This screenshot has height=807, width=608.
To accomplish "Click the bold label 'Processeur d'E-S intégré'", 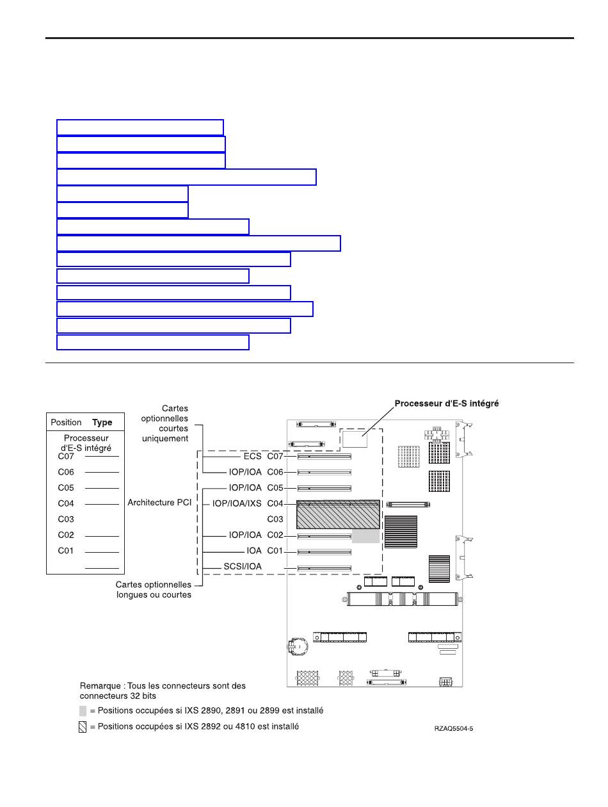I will [x=446, y=403].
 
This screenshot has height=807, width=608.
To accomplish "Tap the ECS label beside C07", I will [x=252, y=457].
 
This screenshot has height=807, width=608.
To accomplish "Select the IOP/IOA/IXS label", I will [x=237, y=504].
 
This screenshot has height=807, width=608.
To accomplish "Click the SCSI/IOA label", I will [x=243, y=567].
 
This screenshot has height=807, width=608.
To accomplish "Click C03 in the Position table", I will [x=66, y=519].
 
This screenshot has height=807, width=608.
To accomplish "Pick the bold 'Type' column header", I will [x=102, y=423].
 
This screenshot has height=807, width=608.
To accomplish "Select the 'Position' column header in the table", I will [x=66, y=423].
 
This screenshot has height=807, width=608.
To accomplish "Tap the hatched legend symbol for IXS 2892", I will [x=83, y=727].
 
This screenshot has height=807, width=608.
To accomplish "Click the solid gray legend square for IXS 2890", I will [x=83, y=710].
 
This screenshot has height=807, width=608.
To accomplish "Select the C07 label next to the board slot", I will [x=275, y=457].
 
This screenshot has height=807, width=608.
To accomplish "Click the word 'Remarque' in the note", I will [x=99, y=685].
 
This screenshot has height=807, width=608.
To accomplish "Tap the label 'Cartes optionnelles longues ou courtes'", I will [x=153, y=589].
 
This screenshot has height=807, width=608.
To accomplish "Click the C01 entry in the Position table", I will [x=66, y=551].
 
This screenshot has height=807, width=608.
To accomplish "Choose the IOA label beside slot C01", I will [x=254, y=551].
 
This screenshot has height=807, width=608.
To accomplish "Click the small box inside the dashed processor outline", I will [x=354, y=439].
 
